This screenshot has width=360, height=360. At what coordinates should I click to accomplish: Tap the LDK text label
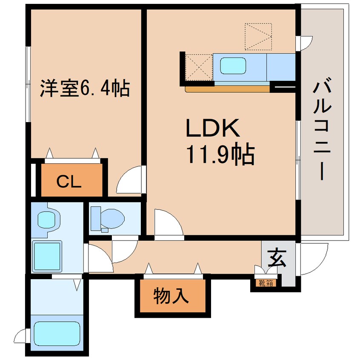[213, 128]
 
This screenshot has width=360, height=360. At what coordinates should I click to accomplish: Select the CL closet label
[69, 182]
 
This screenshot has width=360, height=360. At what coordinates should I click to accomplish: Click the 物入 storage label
[171, 296]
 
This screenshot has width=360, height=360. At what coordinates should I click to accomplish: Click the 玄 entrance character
[277, 258]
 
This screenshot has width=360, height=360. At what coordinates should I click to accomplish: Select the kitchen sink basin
[233, 66]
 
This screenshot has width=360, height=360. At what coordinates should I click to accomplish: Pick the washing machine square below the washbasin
[47, 256]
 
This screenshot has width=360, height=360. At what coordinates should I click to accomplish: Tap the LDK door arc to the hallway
[166, 223]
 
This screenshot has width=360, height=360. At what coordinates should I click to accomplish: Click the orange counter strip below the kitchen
[228, 89]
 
